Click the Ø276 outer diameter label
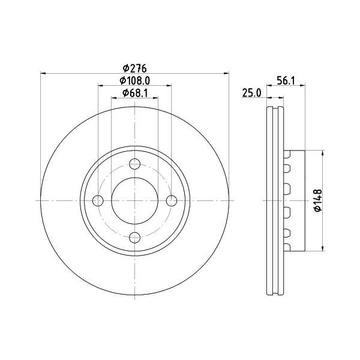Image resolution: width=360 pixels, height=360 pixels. coord(134,68)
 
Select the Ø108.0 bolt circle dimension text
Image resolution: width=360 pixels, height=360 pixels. coord(135,80)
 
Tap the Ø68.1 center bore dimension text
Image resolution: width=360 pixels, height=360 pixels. coord(135,93)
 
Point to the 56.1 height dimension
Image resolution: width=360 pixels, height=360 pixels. coord(286,81)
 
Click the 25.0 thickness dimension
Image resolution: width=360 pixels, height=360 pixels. coord(252,93)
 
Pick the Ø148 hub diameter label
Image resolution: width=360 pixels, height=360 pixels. coord(318,200)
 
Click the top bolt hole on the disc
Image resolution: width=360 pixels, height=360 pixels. coord(135,164)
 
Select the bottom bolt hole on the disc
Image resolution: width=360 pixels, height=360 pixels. coord(135,238)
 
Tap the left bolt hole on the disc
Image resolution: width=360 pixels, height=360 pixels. coord(98,201)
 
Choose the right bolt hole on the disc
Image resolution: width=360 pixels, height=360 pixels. coord(172,201)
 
